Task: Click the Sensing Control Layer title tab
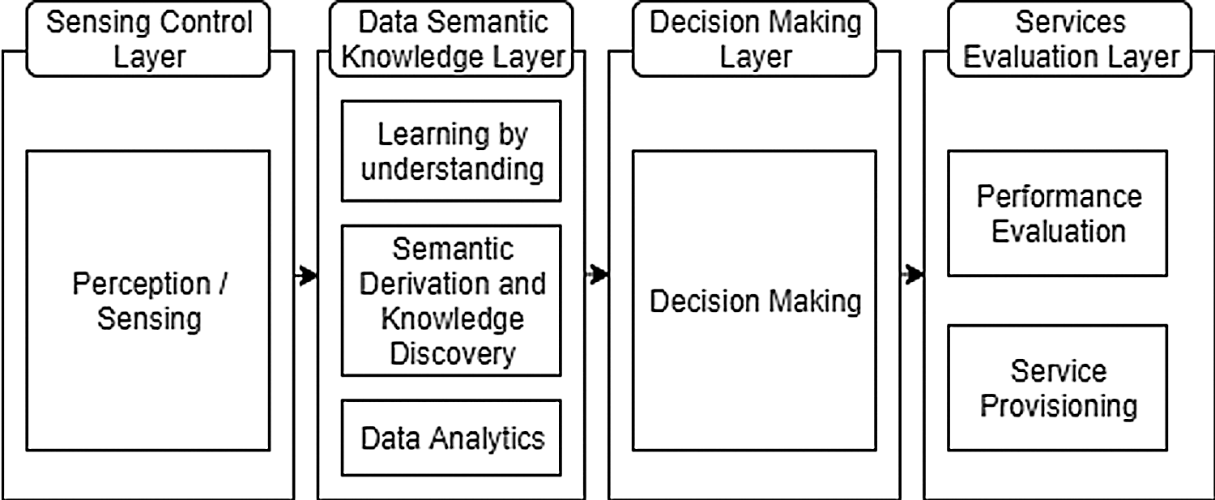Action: point(149,38)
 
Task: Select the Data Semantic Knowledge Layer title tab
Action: point(451,38)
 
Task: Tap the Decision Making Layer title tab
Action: point(755,38)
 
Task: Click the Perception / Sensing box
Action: point(148,300)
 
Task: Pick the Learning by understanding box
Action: point(451,151)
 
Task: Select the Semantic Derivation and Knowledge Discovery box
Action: point(451,301)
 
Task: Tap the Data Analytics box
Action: point(451,438)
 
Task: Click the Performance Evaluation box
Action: point(1058,212)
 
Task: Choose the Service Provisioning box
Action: point(1058,387)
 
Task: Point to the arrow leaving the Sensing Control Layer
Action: point(305,276)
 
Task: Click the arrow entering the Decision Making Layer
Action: point(598,276)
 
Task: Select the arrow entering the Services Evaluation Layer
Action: point(913,276)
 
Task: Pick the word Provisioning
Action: point(1058,404)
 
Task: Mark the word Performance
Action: point(1058,196)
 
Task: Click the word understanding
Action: point(451,169)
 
